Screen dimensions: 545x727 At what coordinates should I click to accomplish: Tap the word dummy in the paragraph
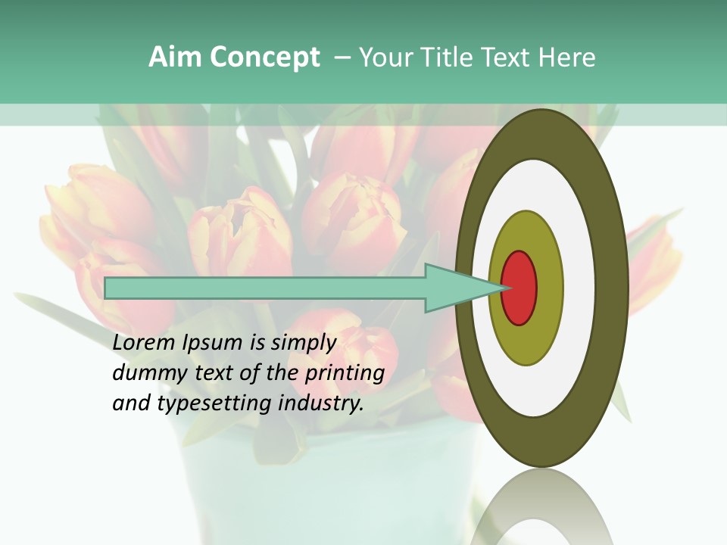click(x=145, y=373)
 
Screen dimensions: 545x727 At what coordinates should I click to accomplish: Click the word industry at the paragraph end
click(x=321, y=403)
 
